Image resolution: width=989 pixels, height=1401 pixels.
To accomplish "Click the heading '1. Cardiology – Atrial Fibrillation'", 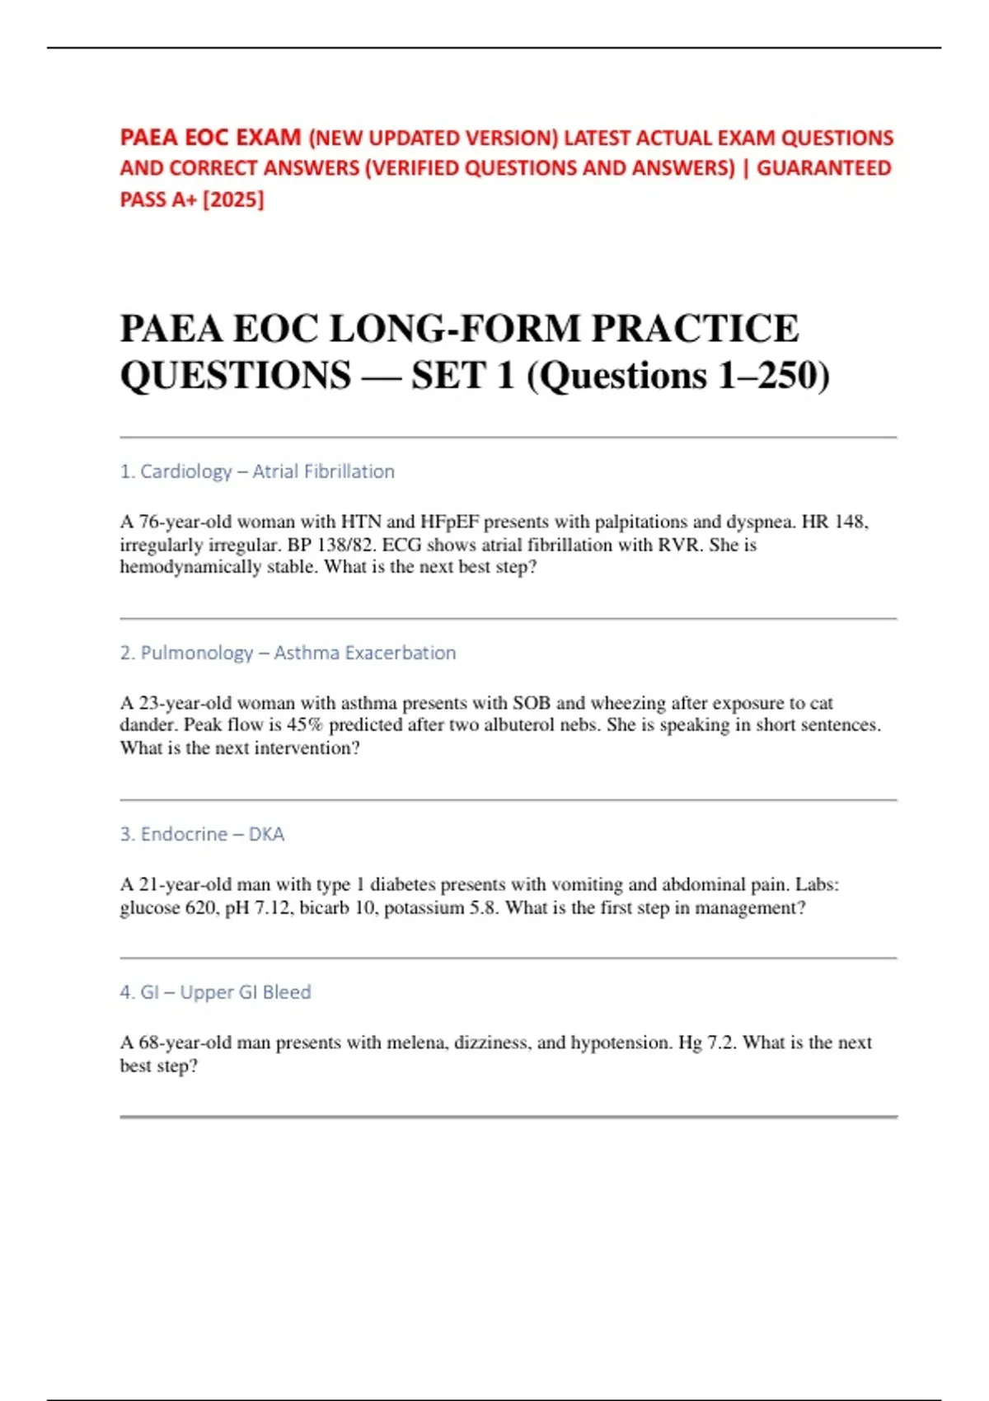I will (x=257, y=471).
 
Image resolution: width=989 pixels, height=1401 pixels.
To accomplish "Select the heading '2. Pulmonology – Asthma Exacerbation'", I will (x=288, y=653).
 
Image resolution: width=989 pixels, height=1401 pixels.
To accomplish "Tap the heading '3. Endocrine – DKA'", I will (x=202, y=834).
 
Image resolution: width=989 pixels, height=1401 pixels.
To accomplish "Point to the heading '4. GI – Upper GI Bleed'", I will (x=215, y=992).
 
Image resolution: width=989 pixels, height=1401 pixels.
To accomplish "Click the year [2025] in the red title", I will (x=233, y=199).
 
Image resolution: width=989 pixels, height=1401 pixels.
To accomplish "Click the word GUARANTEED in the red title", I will (x=823, y=168).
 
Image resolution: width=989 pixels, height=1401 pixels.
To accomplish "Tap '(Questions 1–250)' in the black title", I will (x=677, y=376).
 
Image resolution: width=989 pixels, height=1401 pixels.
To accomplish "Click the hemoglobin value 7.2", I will (x=720, y=1043).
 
